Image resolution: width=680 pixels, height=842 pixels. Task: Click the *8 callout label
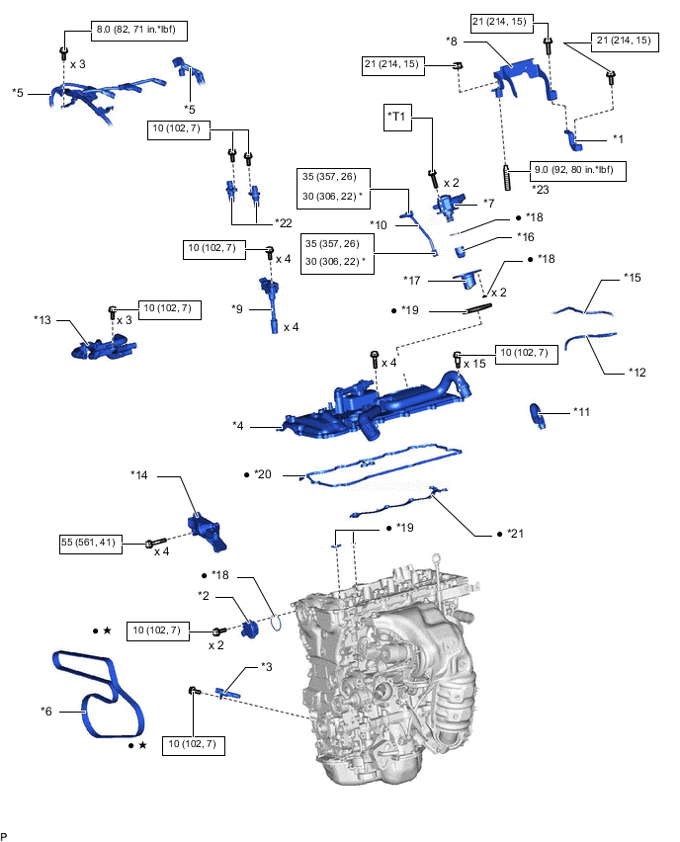pyautogui.click(x=451, y=42)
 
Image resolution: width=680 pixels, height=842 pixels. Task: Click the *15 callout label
pyautogui.click(x=633, y=278)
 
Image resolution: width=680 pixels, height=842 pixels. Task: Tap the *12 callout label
pyautogui.click(x=637, y=372)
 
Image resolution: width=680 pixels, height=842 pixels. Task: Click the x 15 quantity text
pyautogui.click(x=477, y=364)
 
